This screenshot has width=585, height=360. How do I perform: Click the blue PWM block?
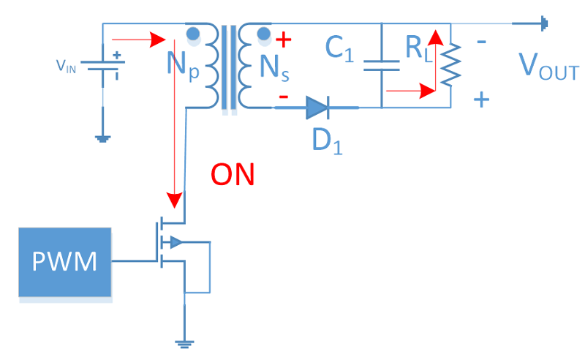pyautogui.click(x=65, y=262)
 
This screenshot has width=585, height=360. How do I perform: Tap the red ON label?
pyautogui.click(x=233, y=175)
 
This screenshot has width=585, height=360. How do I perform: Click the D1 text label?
pyautogui.click(x=326, y=139)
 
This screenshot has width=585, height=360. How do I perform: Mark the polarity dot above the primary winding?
pyautogui.click(x=195, y=33)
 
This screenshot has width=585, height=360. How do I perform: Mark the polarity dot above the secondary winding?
pyautogui.click(x=263, y=33)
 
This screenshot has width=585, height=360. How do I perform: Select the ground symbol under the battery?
pyautogui.click(x=102, y=136)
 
